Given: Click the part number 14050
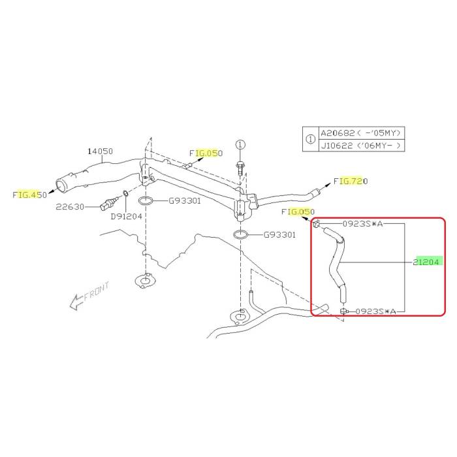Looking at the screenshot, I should (x=101, y=151).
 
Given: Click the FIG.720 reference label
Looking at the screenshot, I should (x=351, y=181).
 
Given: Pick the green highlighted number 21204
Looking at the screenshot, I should (x=428, y=262).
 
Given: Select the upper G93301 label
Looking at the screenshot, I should (x=184, y=200).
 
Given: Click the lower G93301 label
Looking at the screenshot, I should (x=279, y=234).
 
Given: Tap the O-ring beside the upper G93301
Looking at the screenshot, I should (x=146, y=200).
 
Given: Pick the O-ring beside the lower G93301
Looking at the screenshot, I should (x=240, y=234).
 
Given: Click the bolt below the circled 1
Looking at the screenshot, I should (x=240, y=166).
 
